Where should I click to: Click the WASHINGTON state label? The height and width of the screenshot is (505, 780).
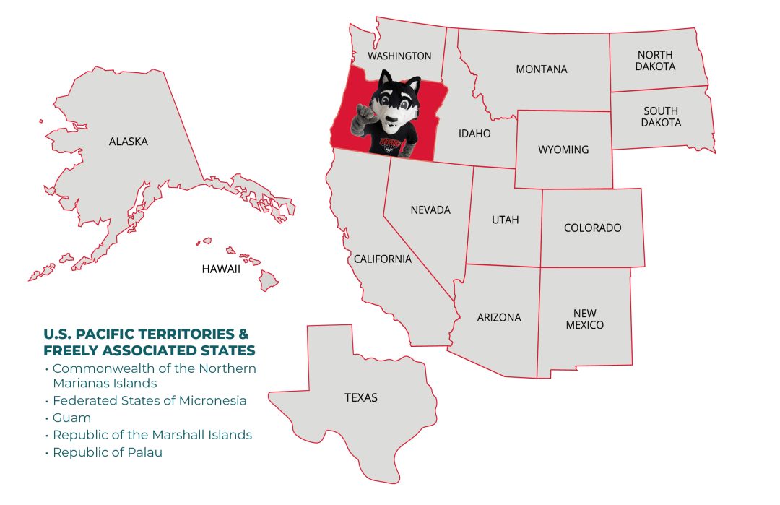tap(399, 56)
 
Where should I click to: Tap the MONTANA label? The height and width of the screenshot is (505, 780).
tap(541, 69)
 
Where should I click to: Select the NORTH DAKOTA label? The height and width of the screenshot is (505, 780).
tap(655, 61)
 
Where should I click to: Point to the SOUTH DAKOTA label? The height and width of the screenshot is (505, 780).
tap(661, 116)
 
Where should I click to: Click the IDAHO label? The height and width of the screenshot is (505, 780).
tap(474, 134)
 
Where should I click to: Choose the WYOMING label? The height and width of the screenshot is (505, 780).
tap(563, 150)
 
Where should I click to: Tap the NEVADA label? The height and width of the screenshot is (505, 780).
tap(430, 210)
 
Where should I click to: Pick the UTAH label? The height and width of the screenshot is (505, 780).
tap(505, 220)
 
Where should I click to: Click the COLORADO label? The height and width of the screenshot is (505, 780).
tap(592, 228)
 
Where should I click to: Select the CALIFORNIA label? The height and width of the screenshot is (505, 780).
tap(382, 259)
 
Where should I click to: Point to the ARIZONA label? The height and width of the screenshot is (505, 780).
tap(498, 317)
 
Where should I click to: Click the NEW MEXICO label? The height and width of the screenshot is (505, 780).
tap(584, 319)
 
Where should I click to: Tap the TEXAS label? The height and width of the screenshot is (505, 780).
tap(360, 397)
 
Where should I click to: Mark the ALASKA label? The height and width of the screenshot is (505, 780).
tap(128, 142)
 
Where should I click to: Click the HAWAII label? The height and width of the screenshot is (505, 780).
tap(220, 269)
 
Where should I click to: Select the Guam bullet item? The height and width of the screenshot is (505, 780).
tap(71, 418)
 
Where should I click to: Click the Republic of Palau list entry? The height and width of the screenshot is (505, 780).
tap(107, 452)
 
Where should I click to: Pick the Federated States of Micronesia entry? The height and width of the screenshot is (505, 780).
tap(149, 400)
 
